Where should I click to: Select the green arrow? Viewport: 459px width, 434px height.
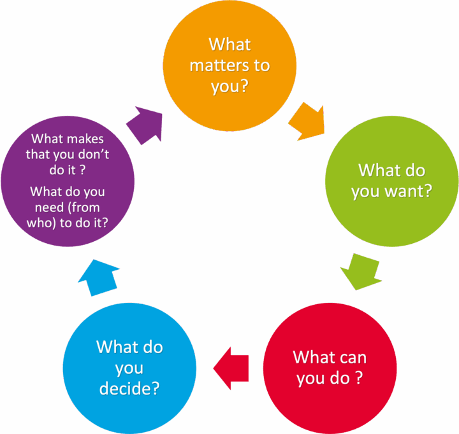click(361, 272)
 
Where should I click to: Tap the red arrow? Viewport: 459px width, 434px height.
click(231, 368)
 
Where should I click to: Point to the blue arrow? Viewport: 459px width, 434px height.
click(99, 277)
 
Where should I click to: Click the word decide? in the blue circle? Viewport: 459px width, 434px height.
click(129, 389)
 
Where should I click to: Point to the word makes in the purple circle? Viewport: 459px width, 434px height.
click(86, 139)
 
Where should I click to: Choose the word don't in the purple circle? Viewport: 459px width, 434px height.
click(95, 155)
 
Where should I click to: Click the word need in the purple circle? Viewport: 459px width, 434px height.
click(49, 207)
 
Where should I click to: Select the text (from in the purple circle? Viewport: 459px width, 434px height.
click(84, 208)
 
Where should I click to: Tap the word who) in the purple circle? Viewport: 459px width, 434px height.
click(41, 223)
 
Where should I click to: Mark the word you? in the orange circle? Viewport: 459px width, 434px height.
click(229, 87)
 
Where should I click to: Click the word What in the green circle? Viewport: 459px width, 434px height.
click(376, 170)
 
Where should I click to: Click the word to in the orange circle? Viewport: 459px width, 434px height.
click(262, 66)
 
